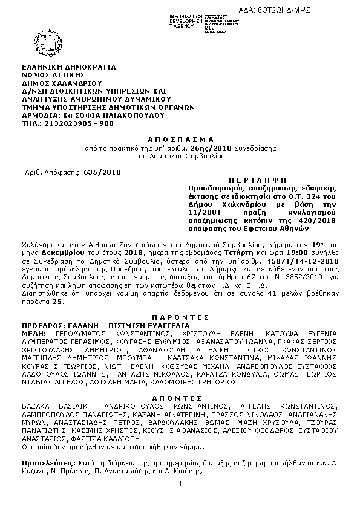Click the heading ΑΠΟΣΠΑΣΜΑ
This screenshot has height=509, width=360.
(180, 138)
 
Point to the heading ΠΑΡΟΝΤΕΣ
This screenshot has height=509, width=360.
(180, 317)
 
